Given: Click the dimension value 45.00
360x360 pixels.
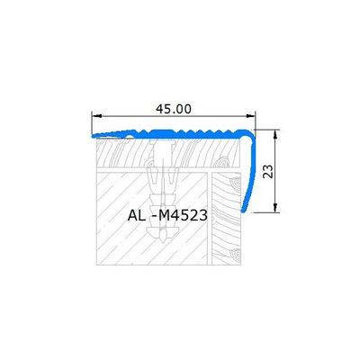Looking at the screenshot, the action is point(174,109).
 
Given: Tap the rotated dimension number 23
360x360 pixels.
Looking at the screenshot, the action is point(269,171).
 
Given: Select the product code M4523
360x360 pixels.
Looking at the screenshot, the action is point(183,215).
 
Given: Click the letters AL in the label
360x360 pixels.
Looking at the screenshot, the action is point(136,215).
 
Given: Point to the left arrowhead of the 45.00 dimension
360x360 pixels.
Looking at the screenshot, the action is point(96,116).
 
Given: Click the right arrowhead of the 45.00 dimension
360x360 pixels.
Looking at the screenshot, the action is point(250,116).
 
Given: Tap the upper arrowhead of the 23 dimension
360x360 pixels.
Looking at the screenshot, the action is point(275,134).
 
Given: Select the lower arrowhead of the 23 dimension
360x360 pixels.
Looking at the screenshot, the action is point(275,208).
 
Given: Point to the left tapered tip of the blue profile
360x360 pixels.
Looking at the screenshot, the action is point(94,136).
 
